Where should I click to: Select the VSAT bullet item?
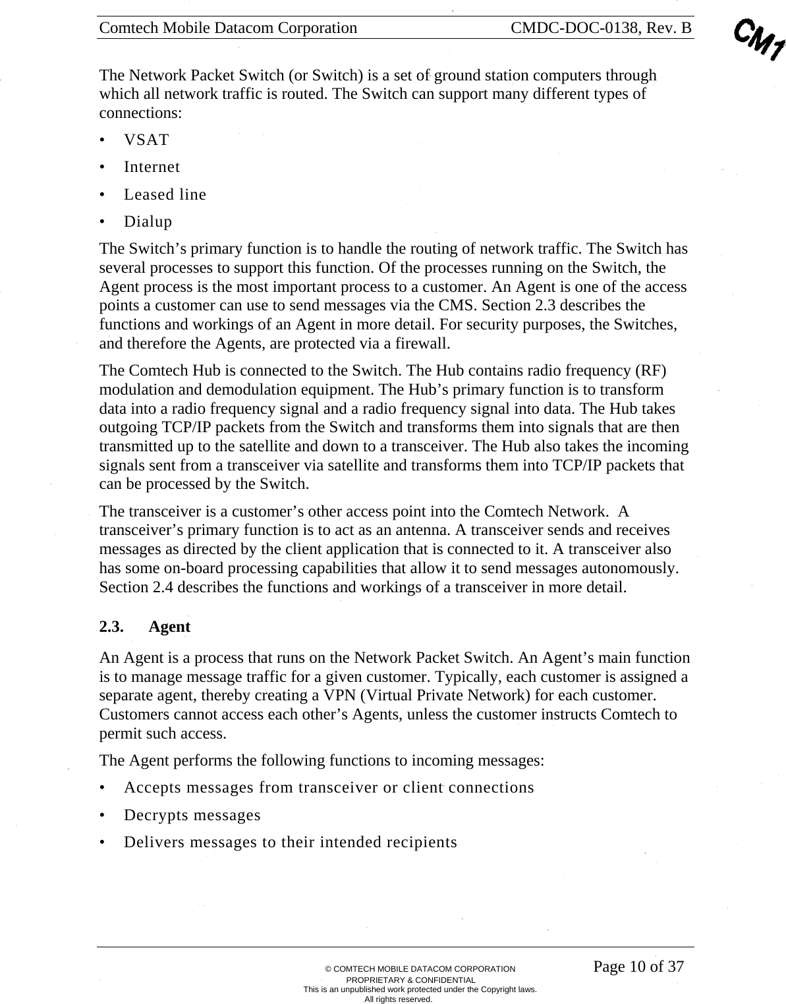[x=146, y=140]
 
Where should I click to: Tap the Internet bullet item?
[x=152, y=167]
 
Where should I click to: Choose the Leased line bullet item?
[x=165, y=194]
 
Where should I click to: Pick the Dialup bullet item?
[x=148, y=221]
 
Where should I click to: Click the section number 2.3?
[x=111, y=627]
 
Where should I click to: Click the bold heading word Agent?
[x=169, y=627]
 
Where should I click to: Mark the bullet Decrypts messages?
[x=192, y=815]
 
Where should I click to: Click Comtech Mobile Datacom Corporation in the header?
[x=228, y=28]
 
